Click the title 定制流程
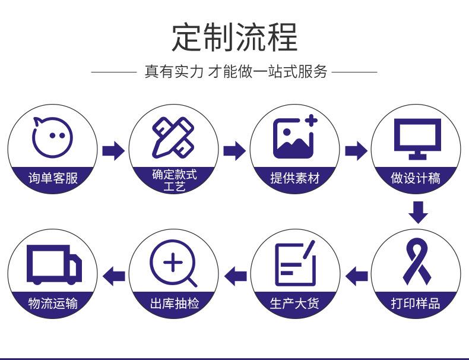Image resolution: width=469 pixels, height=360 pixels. click(235, 37)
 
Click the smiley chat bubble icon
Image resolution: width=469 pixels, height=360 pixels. click(53, 136)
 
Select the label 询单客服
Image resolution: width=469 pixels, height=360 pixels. click(53, 178)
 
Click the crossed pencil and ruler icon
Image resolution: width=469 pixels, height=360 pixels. click(173, 137)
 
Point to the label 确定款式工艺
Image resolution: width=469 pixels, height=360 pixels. click(174, 180)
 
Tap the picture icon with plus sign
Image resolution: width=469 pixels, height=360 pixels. click(295, 137)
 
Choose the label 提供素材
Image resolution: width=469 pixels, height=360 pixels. click(295, 178)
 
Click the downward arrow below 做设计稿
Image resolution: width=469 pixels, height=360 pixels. click(418, 213)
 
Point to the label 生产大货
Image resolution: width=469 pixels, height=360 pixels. click(295, 304)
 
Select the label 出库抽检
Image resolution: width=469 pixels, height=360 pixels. click(174, 304)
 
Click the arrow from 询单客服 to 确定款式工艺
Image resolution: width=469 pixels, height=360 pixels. click(113, 151)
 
